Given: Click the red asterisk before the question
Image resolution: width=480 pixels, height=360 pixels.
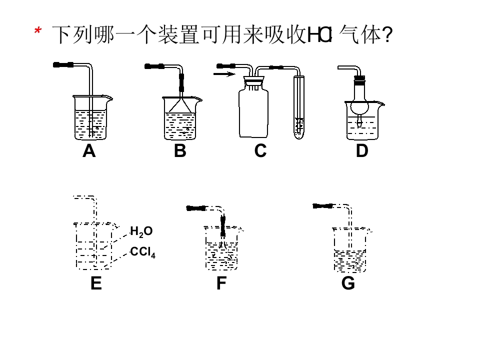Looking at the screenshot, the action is click(x=38, y=30).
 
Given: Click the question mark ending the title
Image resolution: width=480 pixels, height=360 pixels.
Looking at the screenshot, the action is click(x=387, y=34).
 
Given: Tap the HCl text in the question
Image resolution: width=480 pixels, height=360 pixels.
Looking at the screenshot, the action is click(x=319, y=34).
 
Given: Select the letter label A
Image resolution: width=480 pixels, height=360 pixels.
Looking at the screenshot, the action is click(x=89, y=151).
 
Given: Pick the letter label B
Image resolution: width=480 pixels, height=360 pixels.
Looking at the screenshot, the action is click(x=180, y=151).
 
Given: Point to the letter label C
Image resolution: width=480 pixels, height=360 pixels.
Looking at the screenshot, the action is click(x=260, y=151).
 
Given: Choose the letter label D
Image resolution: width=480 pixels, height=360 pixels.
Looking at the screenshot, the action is click(x=362, y=151).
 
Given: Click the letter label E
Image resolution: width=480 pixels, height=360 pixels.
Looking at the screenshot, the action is click(x=96, y=283).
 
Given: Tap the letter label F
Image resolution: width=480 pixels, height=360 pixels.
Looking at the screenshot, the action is click(x=221, y=283).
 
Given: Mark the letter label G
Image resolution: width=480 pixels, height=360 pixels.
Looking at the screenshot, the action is click(x=348, y=283).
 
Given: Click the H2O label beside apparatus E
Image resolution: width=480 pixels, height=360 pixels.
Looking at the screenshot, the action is click(x=141, y=231).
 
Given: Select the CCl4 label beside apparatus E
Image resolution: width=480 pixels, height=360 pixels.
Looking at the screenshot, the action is click(x=142, y=252).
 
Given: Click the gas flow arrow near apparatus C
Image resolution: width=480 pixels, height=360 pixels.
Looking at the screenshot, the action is click(x=224, y=74).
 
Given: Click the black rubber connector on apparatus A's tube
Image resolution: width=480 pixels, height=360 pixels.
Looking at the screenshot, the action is click(x=63, y=64).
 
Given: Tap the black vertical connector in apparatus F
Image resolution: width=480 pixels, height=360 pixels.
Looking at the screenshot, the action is click(x=223, y=226).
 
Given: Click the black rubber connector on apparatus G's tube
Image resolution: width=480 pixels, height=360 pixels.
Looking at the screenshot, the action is click(x=322, y=206).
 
